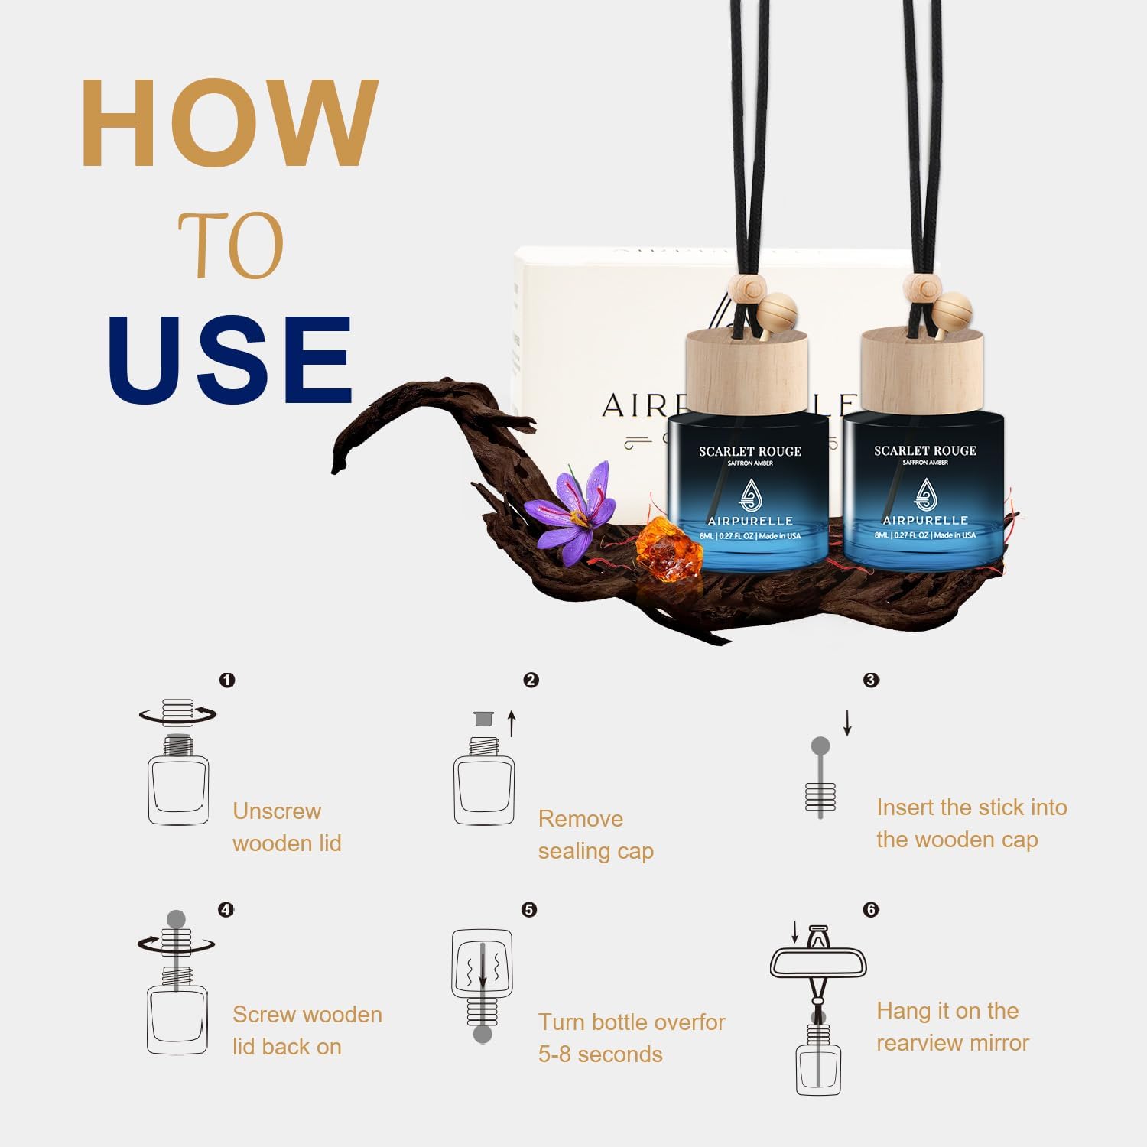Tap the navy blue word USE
click(229, 359)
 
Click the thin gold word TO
click(231, 246)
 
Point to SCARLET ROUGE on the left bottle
click(749, 451)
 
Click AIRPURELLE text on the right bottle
click(925, 520)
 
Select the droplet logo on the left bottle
click(750, 496)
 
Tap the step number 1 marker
click(227, 680)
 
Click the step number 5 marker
click(529, 909)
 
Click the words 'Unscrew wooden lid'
click(287, 827)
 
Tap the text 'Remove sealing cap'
click(596, 834)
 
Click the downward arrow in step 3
click(847, 722)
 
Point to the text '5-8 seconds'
click(600, 1054)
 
